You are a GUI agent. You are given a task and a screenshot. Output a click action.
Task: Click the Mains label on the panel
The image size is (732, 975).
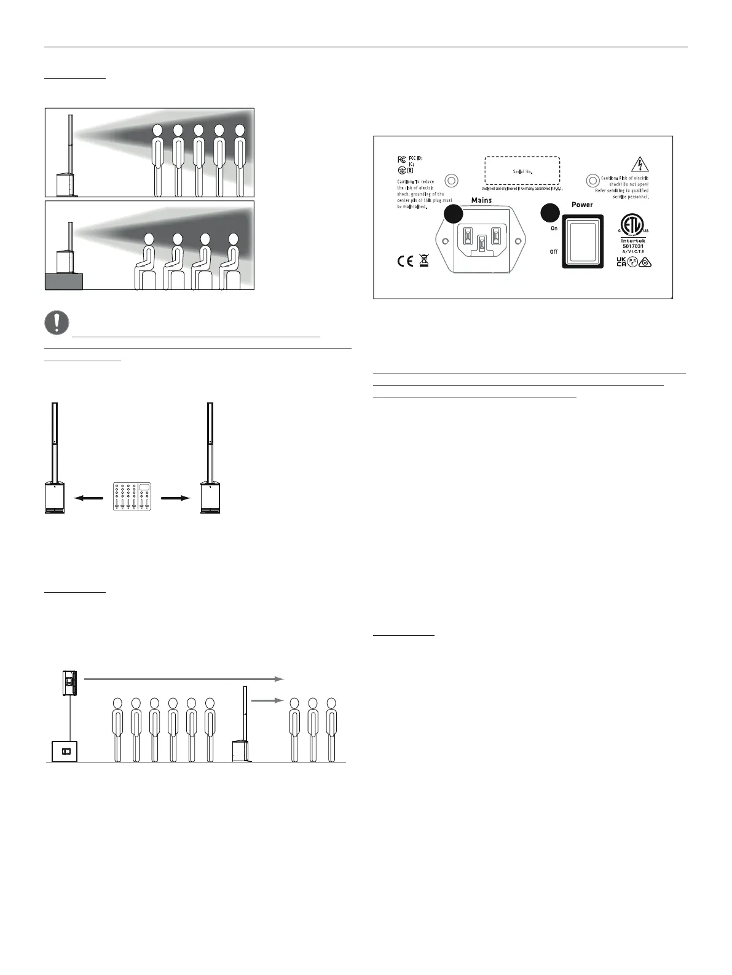coord(481,200)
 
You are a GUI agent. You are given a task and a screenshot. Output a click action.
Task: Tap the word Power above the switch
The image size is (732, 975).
coord(582,205)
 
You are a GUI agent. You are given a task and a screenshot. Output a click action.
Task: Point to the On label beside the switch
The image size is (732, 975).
coord(554,229)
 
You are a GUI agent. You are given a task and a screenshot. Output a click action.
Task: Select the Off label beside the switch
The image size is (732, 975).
coord(554,252)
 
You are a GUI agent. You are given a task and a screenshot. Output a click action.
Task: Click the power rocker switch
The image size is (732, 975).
coord(583,241)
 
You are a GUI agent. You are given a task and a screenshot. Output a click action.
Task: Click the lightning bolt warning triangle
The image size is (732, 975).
coord(640,164)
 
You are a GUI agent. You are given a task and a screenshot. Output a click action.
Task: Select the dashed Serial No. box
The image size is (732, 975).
coord(522,171)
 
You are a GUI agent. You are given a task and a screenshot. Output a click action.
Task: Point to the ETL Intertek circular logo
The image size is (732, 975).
coord(633,225)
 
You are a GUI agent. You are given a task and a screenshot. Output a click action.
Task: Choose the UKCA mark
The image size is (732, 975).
coord(621,262)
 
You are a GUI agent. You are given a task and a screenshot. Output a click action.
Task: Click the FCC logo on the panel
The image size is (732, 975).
coord(401,159)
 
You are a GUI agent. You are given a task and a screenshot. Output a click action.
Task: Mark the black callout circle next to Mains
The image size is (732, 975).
coord(453,213)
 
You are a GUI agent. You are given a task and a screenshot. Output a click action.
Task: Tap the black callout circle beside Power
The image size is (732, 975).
coord(549,213)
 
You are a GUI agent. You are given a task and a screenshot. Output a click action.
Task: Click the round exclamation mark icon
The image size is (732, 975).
coord(57,323)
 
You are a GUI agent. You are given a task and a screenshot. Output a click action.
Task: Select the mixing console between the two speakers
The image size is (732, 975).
coord(132,497)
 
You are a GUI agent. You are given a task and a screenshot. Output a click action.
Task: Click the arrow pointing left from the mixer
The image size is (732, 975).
coord(87,498)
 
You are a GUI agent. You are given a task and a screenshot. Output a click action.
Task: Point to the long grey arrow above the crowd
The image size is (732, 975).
coord(183,679)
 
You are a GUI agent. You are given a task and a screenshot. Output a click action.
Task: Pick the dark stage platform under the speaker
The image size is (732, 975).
coord(64,282)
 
